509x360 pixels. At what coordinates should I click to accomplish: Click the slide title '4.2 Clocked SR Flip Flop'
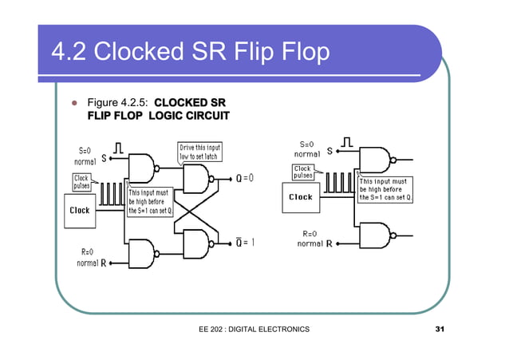[x=190, y=52]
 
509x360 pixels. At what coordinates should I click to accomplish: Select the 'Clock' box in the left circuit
[x=80, y=211]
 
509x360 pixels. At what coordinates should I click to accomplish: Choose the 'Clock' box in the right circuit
[x=301, y=197]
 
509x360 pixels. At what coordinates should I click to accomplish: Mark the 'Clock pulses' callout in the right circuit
[x=303, y=172]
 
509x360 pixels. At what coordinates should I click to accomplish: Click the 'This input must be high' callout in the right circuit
[x=385, y=189]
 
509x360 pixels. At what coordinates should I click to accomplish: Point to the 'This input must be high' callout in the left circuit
[x=149, y=201]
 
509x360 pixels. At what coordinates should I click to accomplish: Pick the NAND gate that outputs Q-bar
[x=195, y=243]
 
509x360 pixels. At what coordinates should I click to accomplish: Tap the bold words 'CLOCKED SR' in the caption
[x=190, y=103]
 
